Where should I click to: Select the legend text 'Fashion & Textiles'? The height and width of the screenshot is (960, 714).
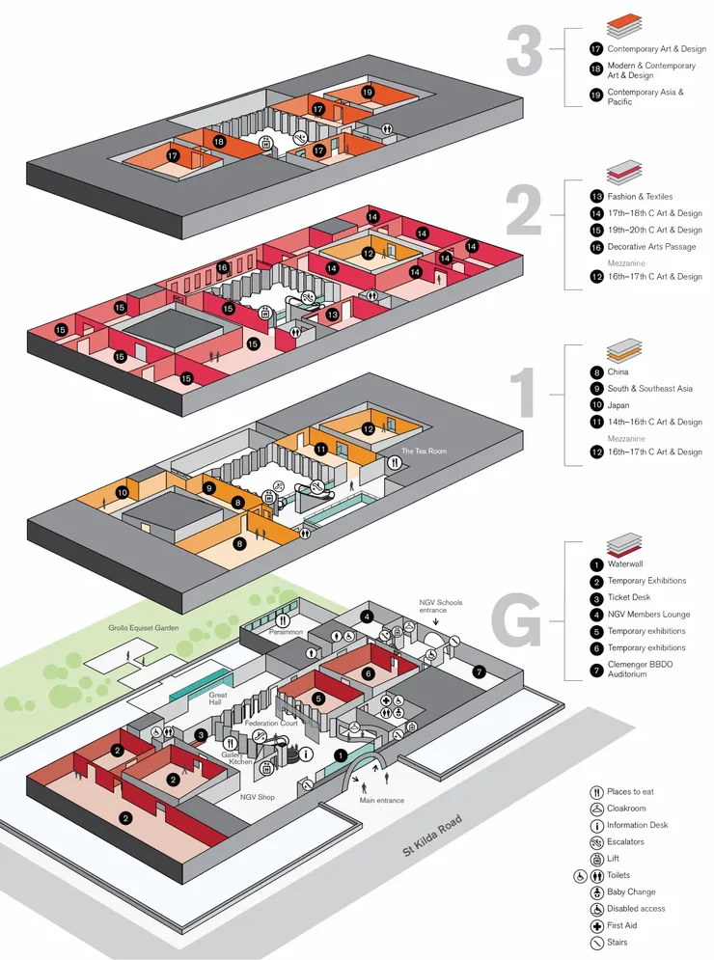click(x=640, y=197)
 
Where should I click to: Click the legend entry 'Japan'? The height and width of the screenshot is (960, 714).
click(x=618, y=405)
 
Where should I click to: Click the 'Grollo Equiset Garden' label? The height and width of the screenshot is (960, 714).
click(x=144, y=627)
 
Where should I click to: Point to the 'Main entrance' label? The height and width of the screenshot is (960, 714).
click(x=381, y=800)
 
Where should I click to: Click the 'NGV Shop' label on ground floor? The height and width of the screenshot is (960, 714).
click(x=257, y=797)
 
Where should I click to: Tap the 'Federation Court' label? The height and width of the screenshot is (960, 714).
click(x=271, y=722)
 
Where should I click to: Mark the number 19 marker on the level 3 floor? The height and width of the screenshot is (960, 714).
click(x=368, y=92)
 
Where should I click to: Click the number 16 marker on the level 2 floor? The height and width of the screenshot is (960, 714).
click(x=223, y=267)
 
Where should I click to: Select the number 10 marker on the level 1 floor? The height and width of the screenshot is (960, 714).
click(x=123, y=492)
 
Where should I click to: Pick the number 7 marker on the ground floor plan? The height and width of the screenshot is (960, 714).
click(x=480, y=671)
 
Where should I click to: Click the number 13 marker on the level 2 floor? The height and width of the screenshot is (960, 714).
click(x=332, y=315)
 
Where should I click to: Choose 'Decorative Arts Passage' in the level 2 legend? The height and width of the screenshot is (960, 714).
click(x=650, y=247)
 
